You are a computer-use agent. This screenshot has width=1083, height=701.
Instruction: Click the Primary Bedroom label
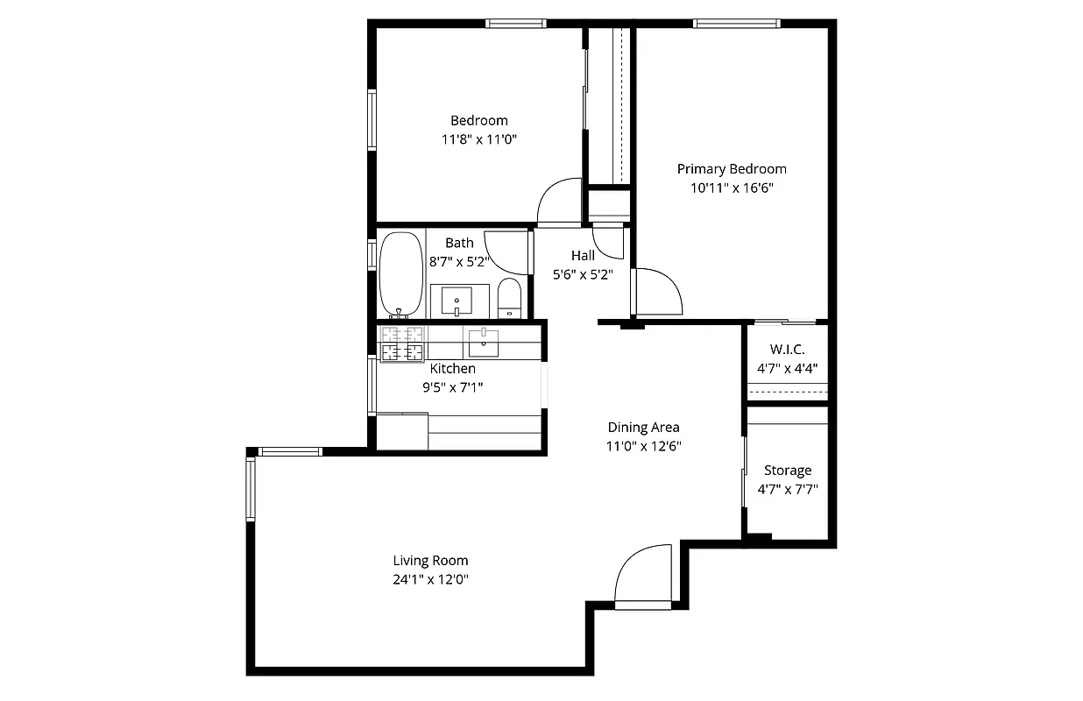pos(732,169)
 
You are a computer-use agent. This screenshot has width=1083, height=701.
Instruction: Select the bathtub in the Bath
pos(400,273)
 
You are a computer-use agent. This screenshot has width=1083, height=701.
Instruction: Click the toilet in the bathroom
pos(509,298)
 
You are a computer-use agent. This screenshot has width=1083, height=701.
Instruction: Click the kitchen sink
pos(483,342)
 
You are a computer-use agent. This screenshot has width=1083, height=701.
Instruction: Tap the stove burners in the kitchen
pos(401,343)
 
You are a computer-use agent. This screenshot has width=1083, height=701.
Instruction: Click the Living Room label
pos(430,561)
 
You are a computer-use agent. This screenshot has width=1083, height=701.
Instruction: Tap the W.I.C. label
pos(787,350)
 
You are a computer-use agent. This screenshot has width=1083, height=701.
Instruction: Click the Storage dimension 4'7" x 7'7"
pos(787,490)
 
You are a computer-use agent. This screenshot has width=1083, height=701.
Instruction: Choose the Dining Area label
pos(644,428)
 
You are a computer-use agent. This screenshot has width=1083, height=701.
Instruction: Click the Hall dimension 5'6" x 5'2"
pos(583,273)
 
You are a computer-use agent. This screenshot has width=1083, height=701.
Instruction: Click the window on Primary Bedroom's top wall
pos(736,24)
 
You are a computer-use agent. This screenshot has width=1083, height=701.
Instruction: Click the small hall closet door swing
pos(607,241)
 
